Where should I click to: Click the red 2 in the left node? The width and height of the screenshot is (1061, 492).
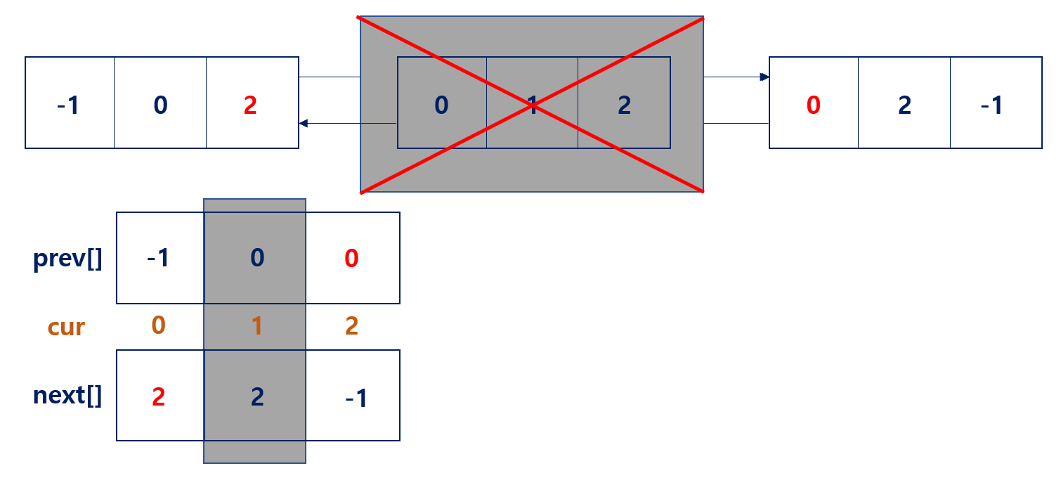250,105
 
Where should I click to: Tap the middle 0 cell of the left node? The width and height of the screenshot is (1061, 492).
160,105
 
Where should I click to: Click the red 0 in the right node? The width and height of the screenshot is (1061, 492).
813,105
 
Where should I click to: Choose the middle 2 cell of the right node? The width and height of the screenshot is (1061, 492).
904,105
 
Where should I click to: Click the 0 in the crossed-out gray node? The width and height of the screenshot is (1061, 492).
441,105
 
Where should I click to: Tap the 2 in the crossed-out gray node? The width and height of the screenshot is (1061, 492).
624,105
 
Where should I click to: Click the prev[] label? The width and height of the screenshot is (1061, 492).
67,259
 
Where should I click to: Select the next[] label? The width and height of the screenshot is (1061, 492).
67,396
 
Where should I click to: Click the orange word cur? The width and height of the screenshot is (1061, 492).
66,327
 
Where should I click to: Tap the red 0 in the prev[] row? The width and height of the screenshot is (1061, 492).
352,259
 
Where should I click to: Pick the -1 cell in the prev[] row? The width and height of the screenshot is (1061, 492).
158,259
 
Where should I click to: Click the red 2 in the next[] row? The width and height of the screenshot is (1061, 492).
158,397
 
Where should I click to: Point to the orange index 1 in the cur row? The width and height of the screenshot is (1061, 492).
256,326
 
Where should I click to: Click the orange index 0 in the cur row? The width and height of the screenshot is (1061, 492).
158,325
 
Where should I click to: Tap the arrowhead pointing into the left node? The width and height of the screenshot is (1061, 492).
304,124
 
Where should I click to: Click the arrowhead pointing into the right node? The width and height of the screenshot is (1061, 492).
765,77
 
